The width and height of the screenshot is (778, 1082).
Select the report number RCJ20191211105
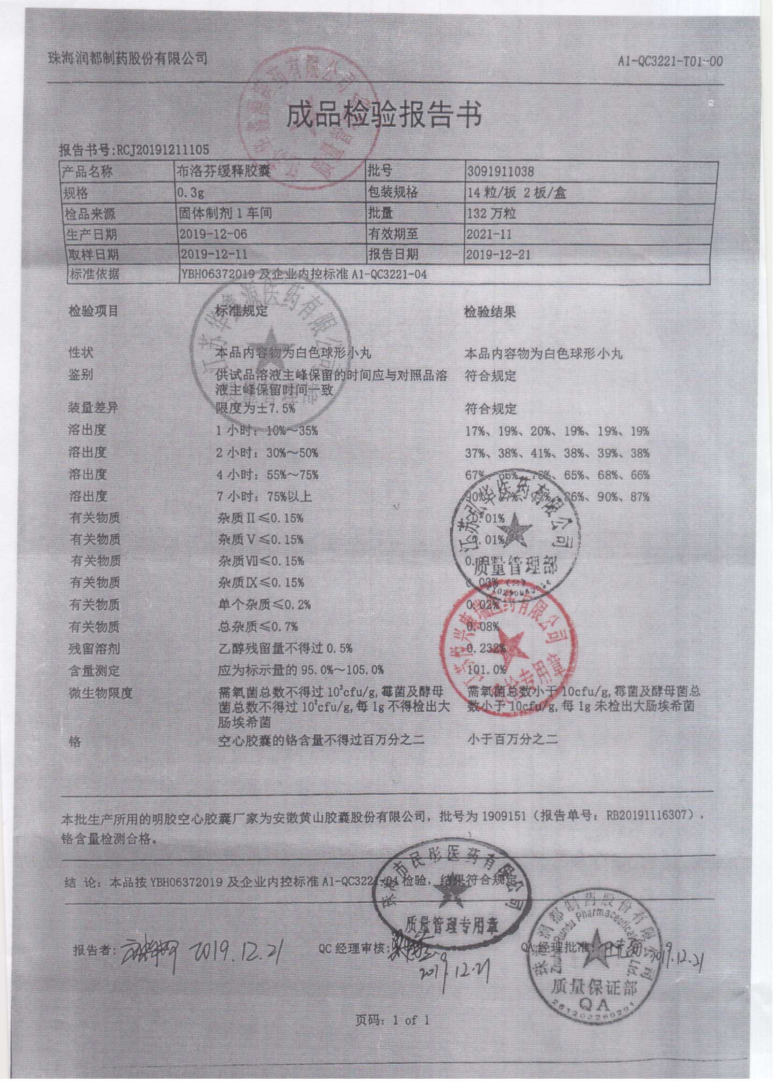[x=161, y=150]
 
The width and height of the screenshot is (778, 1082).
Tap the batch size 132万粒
[x=491, y=213]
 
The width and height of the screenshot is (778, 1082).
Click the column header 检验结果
[x=490, y=313]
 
